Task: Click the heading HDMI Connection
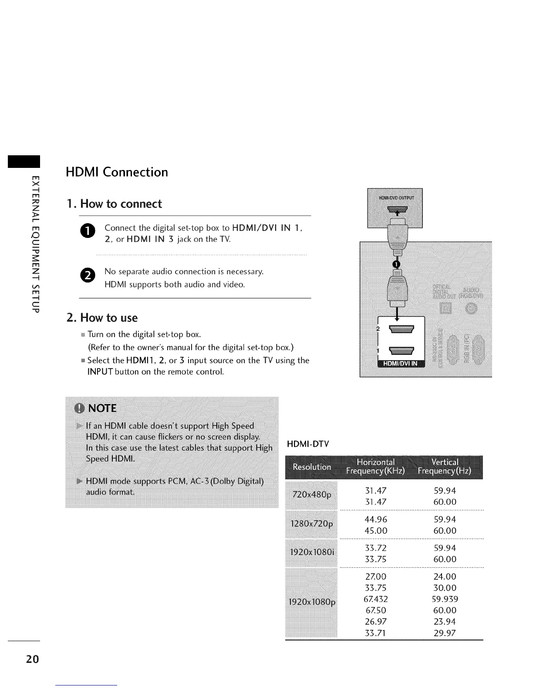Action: tap(117, 172)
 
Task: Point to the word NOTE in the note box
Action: tap(102, 408)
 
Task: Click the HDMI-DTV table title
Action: tap(308, 444)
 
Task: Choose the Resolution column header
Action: tap(312, 467)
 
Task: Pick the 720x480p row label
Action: tap(312, 495)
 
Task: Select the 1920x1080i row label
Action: tap(312, 552)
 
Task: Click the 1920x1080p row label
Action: tap(312, 603)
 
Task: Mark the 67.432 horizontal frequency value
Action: tap(375, 599)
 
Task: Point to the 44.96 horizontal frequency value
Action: tap(375, 519)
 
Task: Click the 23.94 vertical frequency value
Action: tap(445, 622)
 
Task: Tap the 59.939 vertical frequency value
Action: tap(445, 599)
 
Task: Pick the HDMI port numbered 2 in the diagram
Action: tap(401, 329)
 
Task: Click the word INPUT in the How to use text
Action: tap(101, 372)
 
